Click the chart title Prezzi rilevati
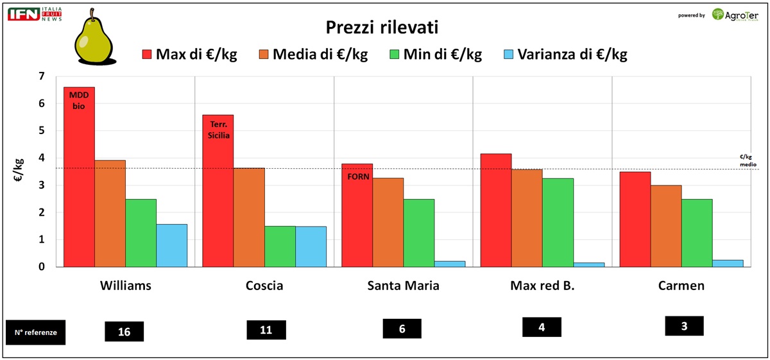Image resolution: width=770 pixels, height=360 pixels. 382,28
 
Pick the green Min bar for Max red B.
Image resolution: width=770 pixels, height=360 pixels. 558,222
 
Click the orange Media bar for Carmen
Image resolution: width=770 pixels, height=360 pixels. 665,226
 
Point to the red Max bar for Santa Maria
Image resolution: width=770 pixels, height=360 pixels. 357,215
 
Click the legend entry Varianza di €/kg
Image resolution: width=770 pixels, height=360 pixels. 565,55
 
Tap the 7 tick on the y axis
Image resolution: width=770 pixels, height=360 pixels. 42,76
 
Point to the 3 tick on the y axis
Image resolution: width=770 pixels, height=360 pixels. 42,185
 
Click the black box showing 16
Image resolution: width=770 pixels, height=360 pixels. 124,331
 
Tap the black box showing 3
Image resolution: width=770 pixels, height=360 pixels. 684,326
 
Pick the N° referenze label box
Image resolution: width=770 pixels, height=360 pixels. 35,332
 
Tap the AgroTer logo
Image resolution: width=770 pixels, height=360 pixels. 735,15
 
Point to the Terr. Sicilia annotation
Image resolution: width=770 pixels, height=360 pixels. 218,131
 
